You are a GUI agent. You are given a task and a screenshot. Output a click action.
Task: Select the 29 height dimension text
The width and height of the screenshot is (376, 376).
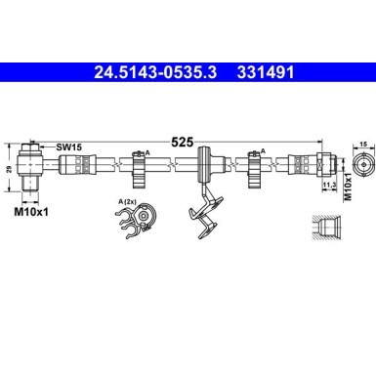pos(10,170)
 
